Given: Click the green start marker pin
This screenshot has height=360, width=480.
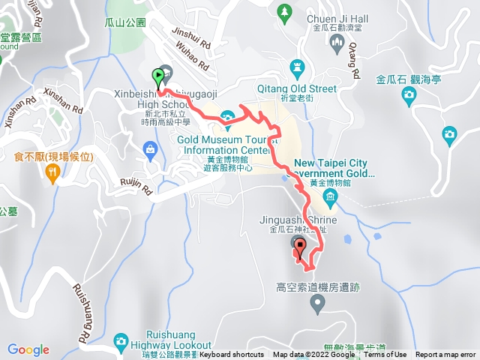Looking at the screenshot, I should click(158, 76).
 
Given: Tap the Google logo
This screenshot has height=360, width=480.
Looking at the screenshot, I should click(28, 349).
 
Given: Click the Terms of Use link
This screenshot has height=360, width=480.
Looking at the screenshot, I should click(385, 355).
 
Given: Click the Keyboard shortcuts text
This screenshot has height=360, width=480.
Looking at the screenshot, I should click(232, 355).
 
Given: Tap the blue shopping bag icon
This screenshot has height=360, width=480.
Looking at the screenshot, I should click(151, 148).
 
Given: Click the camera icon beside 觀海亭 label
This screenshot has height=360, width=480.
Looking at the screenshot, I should click(409, 94).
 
